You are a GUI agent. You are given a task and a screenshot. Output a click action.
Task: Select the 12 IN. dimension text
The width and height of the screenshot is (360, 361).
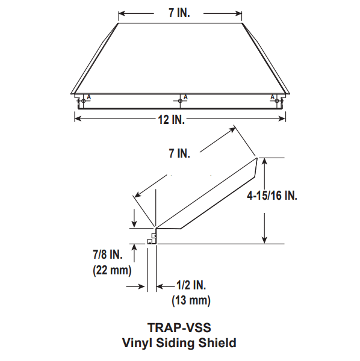172,120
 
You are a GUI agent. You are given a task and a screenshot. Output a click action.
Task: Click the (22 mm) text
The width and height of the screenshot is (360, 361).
112,270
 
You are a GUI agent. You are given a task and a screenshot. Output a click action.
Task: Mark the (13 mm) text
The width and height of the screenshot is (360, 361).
191,300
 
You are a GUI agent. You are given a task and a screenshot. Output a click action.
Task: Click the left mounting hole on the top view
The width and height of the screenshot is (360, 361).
83,100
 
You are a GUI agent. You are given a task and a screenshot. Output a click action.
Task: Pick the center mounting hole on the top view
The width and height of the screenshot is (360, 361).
180,100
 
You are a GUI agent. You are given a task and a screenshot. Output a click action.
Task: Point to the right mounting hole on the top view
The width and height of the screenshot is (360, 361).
277,100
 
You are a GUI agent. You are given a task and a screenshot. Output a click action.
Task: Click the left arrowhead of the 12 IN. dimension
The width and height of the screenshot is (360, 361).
78,119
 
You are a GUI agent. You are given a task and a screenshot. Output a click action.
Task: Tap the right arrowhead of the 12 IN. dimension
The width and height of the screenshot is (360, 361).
282,119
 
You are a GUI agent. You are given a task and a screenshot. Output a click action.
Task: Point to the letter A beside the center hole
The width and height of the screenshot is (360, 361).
185,96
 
